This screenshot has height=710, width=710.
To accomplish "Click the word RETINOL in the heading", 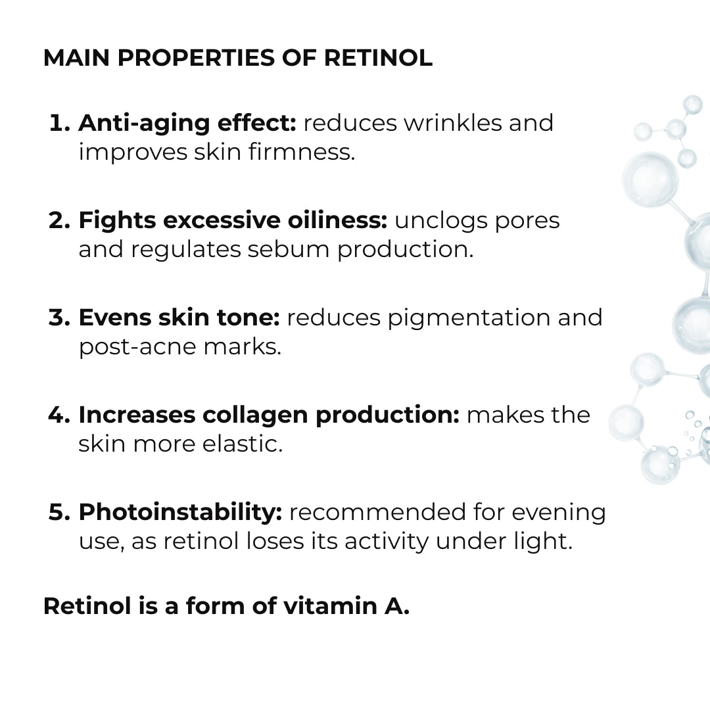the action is pyautogui.click(x=378, y=58).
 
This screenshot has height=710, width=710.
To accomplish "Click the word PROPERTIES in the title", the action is pyautogui.click(x=196, y=58).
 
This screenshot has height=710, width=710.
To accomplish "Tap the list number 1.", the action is pyautogui.click(x=59, y=123).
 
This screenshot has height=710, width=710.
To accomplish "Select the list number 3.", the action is pyautogui.click(x=59, y=318).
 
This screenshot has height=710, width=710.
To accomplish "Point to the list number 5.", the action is pyautogui.click(x=59, y=512).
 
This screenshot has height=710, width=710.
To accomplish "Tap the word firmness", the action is pyautogui.click(x=302, y=152).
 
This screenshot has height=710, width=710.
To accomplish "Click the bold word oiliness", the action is pyautogui.click(x=337, y=220).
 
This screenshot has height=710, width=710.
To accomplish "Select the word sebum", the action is pyautogui.click(x=289, y=249).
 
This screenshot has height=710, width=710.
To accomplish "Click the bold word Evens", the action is pyautogui.click(x=115, y=318).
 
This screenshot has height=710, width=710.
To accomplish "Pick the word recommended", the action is pyautogui.click(x=377, y=512).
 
